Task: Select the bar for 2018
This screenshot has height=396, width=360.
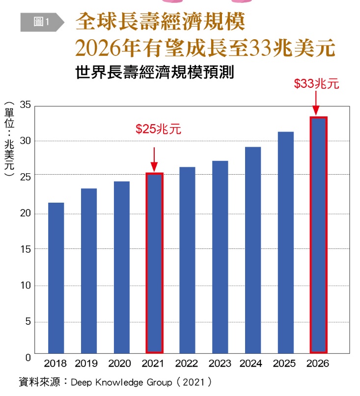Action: [56, 277]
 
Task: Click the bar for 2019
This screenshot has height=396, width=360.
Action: [89, 270]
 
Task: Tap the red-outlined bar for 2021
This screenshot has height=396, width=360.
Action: [154, 263]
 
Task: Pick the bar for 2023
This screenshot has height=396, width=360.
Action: [220, 256]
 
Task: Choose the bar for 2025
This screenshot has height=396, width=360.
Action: [285, 242]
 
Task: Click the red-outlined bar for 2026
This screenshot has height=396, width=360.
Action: [318, 235]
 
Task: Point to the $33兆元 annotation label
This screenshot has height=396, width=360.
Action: [316, 84]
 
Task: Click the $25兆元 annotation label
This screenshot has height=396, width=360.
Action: [158, 129]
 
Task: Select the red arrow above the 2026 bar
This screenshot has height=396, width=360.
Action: [316, 103]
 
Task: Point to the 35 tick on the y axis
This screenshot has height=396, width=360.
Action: [26, 105]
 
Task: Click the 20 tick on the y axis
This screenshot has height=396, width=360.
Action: [26, 213]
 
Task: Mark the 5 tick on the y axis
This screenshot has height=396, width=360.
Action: [28, 322]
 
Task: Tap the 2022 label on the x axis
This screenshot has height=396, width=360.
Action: [187, 364]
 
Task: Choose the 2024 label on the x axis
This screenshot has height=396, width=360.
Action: [252, 364]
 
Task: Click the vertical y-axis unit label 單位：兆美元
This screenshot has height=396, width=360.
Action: [9, 140]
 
